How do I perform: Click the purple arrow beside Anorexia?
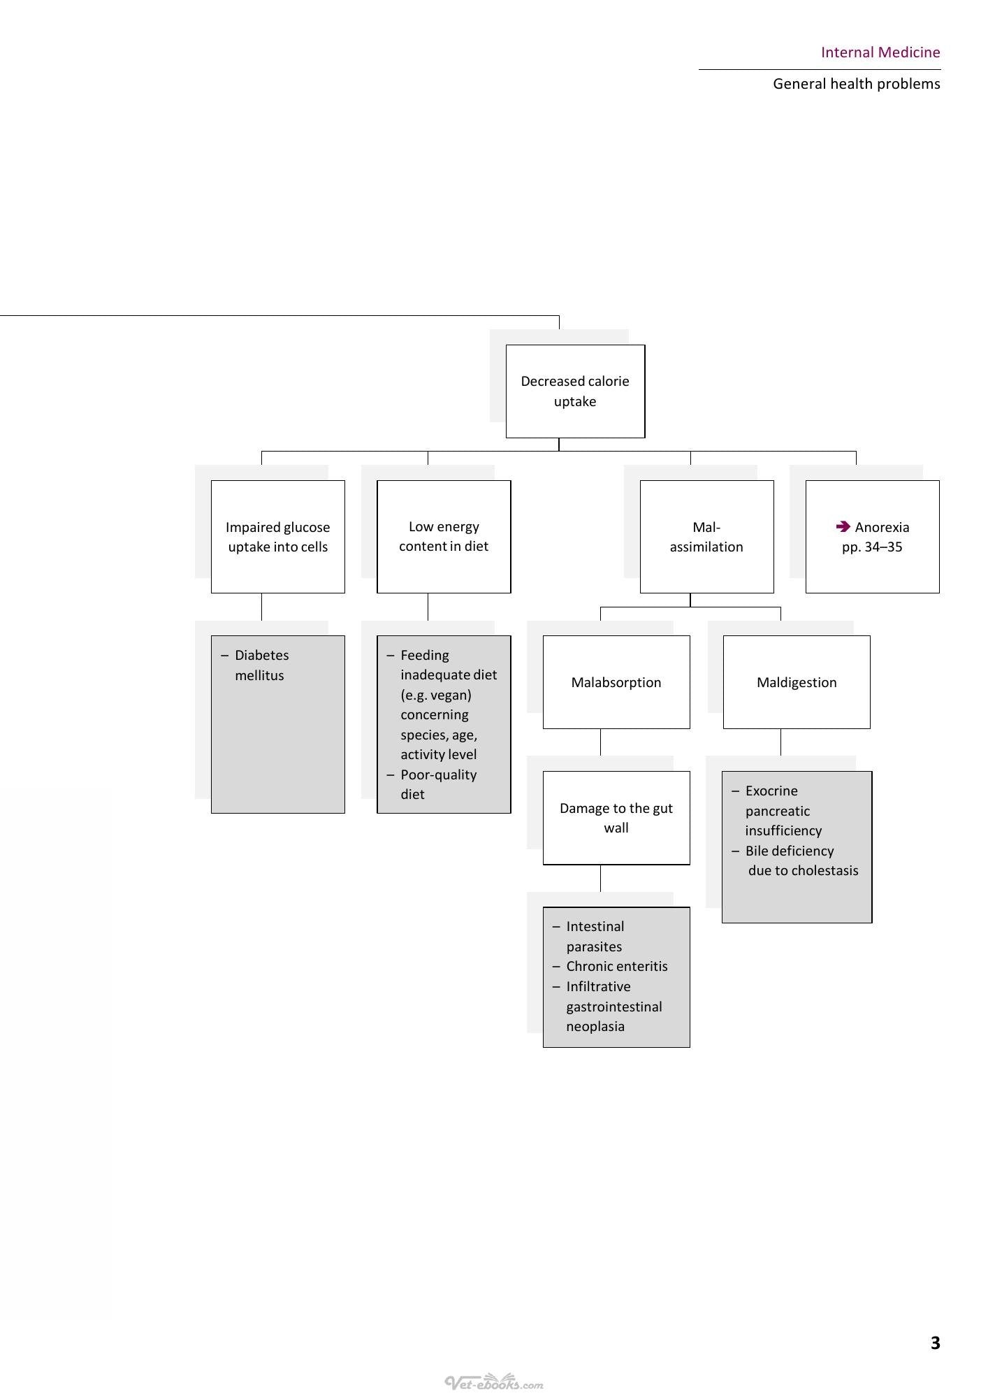point(843,526)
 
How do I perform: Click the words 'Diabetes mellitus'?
point(261,665)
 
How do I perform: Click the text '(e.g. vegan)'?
point(436,695)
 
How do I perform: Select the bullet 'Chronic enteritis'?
point(610,966)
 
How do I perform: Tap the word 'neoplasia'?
point(595,1026)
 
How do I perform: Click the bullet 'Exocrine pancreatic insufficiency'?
point(777,811)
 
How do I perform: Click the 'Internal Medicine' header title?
point(880,52)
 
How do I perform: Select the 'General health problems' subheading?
point(857,84)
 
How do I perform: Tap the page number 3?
point(936,1343)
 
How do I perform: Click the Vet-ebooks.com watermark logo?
point(494,1382)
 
